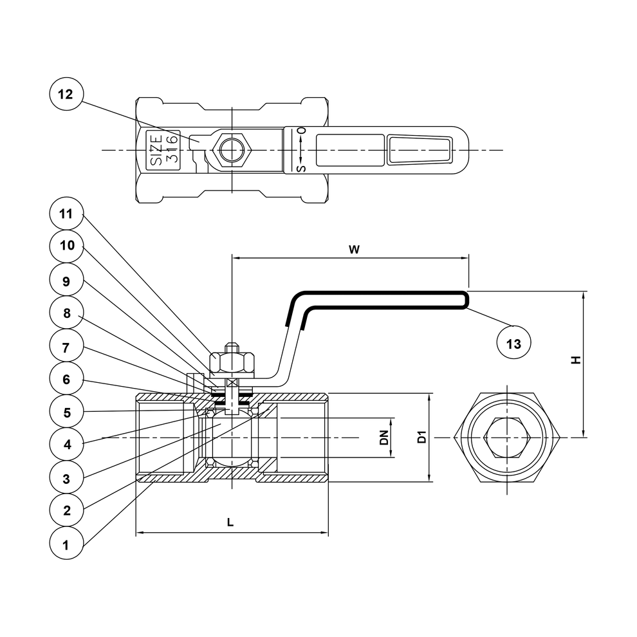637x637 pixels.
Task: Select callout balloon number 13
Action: [x=513, y=344]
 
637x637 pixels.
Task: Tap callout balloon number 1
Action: [x=66, y=544]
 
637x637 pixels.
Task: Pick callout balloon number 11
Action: [x=66, y=214]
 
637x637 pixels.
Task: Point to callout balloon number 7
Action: [x=66, y=347]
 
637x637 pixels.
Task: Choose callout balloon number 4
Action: [x=66, y=444]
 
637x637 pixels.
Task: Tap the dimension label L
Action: [x=230, y=522]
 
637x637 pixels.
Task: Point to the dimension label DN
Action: [x=383, y=438]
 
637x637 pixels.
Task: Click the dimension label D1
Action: [x=421, y=438]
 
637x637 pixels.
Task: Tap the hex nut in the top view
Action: [x=230, y=150]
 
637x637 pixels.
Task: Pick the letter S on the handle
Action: [x=300, y=169]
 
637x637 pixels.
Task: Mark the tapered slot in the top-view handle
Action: [x=420, y=150]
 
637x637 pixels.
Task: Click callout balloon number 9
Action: [x=66, y=281]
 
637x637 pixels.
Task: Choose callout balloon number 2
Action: [x=66, y=510]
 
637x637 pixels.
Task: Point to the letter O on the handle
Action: [x=300, y=131]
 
